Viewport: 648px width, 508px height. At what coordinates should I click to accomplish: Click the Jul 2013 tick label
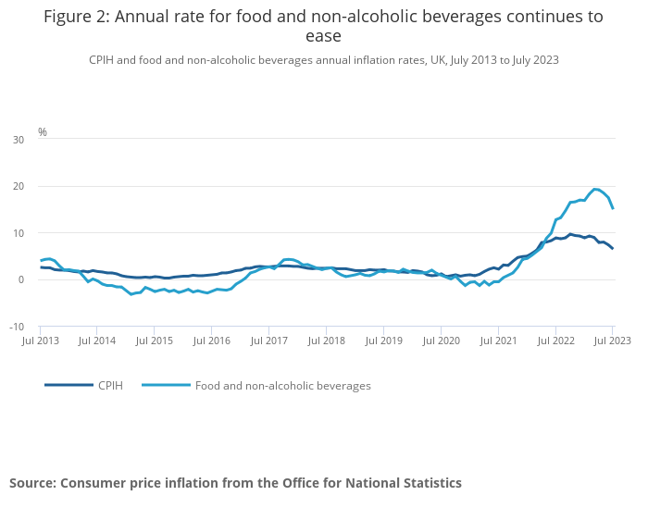click(x=41, y=341)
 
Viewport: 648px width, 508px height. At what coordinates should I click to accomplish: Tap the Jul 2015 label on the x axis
click(x=155, y=341)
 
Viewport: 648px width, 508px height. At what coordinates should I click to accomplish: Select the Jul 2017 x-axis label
click(x=269, y=341)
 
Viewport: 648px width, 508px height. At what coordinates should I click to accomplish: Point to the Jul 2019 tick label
click(x=383, y=341)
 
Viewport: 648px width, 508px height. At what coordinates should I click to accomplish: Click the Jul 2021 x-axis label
click(x=498, y=341)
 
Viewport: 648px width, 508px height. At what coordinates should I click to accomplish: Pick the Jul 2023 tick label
click(x=612, y=341)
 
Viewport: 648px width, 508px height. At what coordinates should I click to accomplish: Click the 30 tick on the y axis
click(x=19, y=140)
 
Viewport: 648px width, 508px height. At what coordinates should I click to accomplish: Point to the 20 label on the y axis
click(x=19, y=186)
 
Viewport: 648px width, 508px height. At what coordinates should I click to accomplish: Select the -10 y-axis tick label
click(x=17, y=327)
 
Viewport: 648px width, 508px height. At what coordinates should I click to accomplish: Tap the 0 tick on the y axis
click(x=21, y=279)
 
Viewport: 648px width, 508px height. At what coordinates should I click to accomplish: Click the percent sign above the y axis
click(x=42, y=132)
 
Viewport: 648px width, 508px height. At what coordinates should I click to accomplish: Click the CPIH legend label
click(x=110, y=385)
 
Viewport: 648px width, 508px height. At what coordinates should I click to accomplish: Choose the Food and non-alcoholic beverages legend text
click(x=282, y=385)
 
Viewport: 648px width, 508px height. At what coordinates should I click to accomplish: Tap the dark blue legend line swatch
click(x=69, y=385)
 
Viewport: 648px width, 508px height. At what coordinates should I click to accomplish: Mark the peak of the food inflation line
click(x=595, y=189)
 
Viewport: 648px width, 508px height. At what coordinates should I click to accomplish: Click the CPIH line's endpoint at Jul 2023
click(x=612, y=248)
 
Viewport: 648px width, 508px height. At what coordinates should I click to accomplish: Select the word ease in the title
click(x=323, y=37)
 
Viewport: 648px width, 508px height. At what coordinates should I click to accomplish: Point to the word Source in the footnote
click(x=32, y=483)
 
